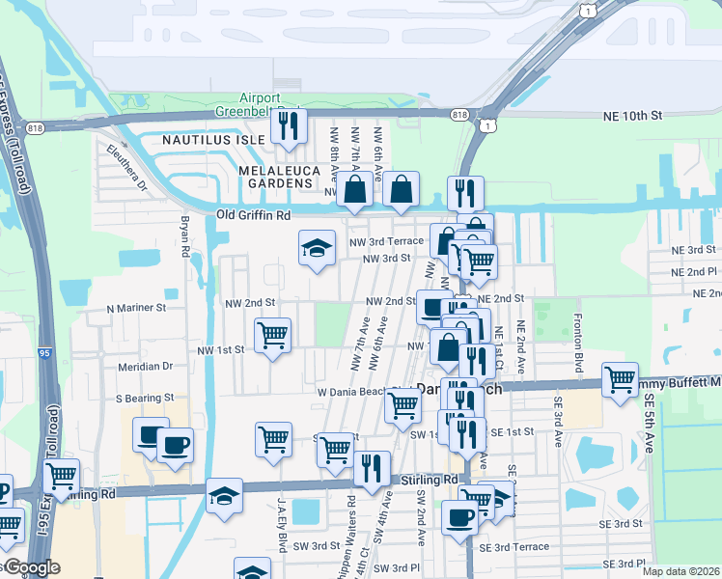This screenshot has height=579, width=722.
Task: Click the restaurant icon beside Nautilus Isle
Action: pos(288,126)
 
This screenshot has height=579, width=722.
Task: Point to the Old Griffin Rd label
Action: pos(253,215)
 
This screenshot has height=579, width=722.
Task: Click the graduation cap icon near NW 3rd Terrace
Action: pos(317,249)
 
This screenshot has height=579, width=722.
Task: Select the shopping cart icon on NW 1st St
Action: pos(273,337)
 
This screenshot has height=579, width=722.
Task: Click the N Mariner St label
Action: pos(136,309)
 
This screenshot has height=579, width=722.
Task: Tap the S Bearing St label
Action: pos(144,398)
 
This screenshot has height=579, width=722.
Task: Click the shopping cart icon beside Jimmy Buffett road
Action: pos(620,378)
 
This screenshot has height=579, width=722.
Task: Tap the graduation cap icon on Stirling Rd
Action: pos(224,497)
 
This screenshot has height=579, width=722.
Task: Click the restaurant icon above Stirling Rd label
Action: pos(372,469)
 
